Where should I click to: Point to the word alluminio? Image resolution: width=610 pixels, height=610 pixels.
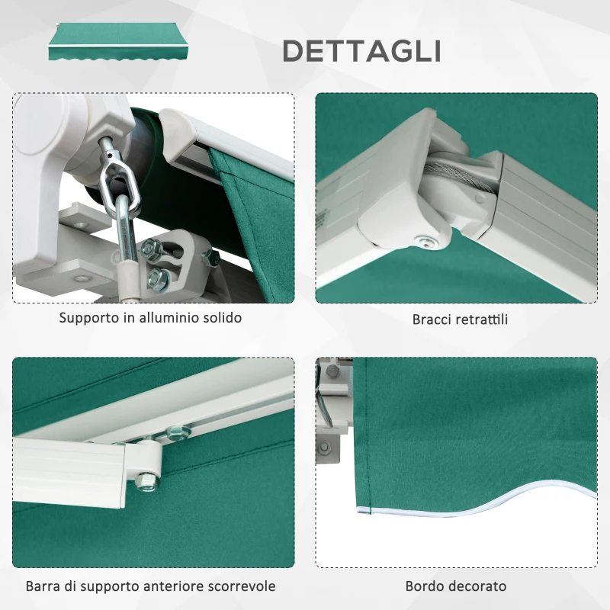(x=168, y=317)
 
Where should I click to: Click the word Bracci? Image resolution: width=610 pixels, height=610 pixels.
(x=434, y=319)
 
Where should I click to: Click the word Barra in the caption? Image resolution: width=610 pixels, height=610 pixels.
(x=43, y=586)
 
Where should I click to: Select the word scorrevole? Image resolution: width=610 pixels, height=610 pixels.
(x=239, y=586)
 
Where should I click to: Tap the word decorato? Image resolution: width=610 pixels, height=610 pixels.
(x=478, y=586)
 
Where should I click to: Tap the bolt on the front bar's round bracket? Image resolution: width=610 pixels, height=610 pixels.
(x=145, y=480)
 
